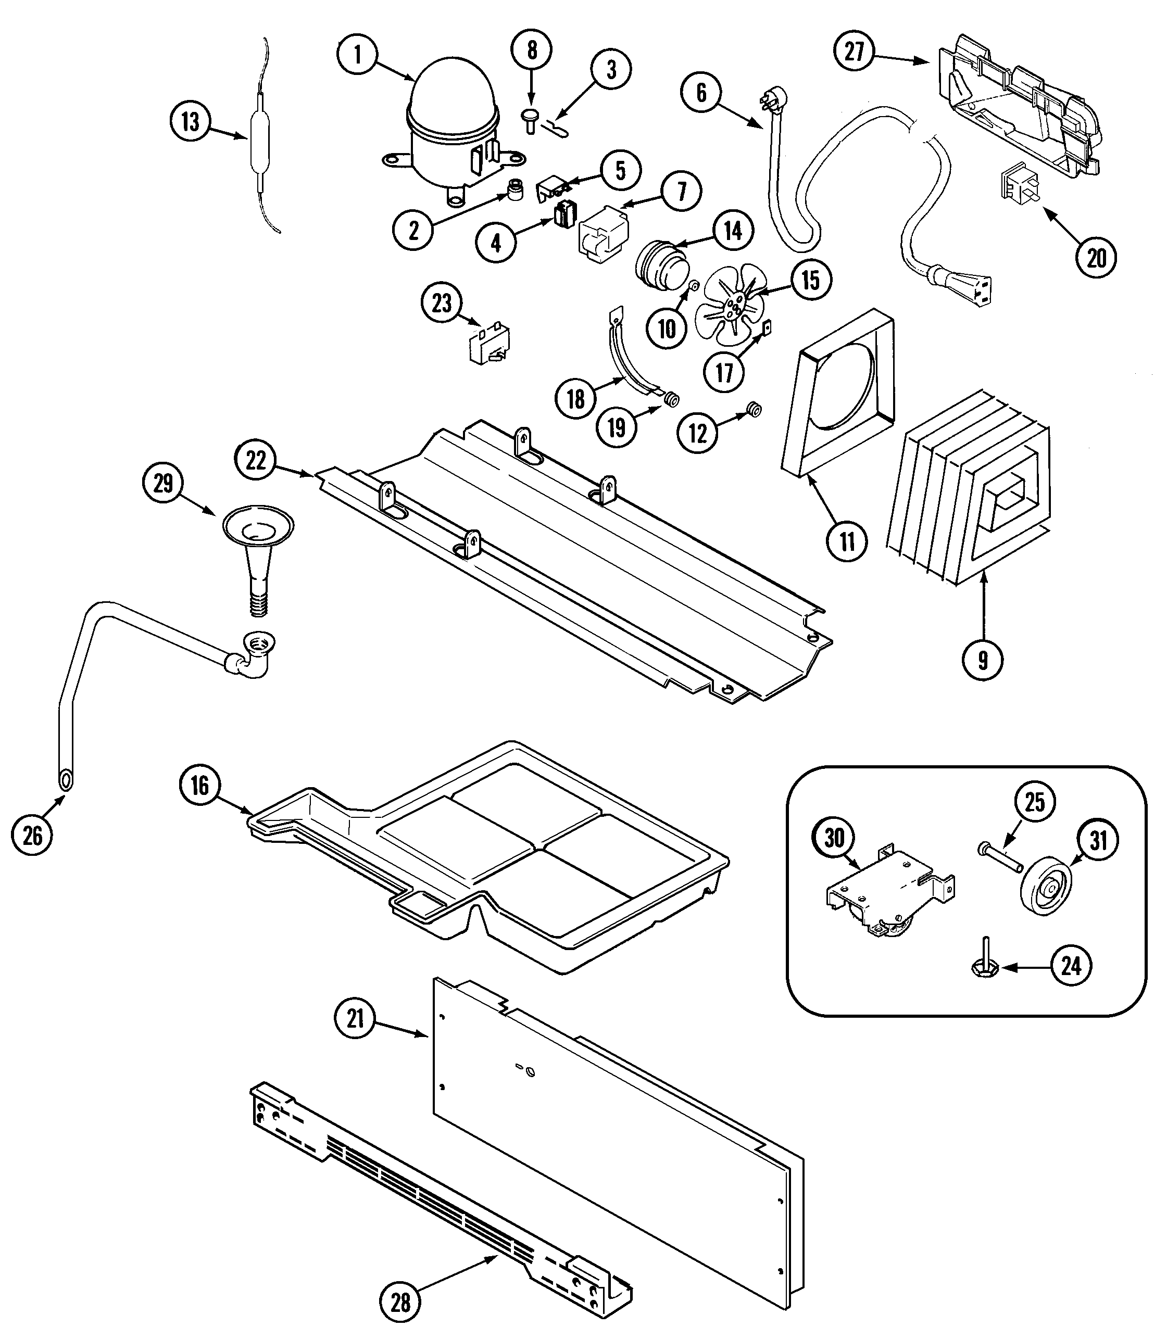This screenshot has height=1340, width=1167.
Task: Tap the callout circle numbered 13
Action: pos(190,122)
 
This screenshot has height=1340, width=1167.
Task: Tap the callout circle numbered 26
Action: pos(33,836)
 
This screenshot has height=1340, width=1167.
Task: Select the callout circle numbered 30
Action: pos(834,839)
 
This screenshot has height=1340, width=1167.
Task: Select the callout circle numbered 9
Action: pos(982,660)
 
